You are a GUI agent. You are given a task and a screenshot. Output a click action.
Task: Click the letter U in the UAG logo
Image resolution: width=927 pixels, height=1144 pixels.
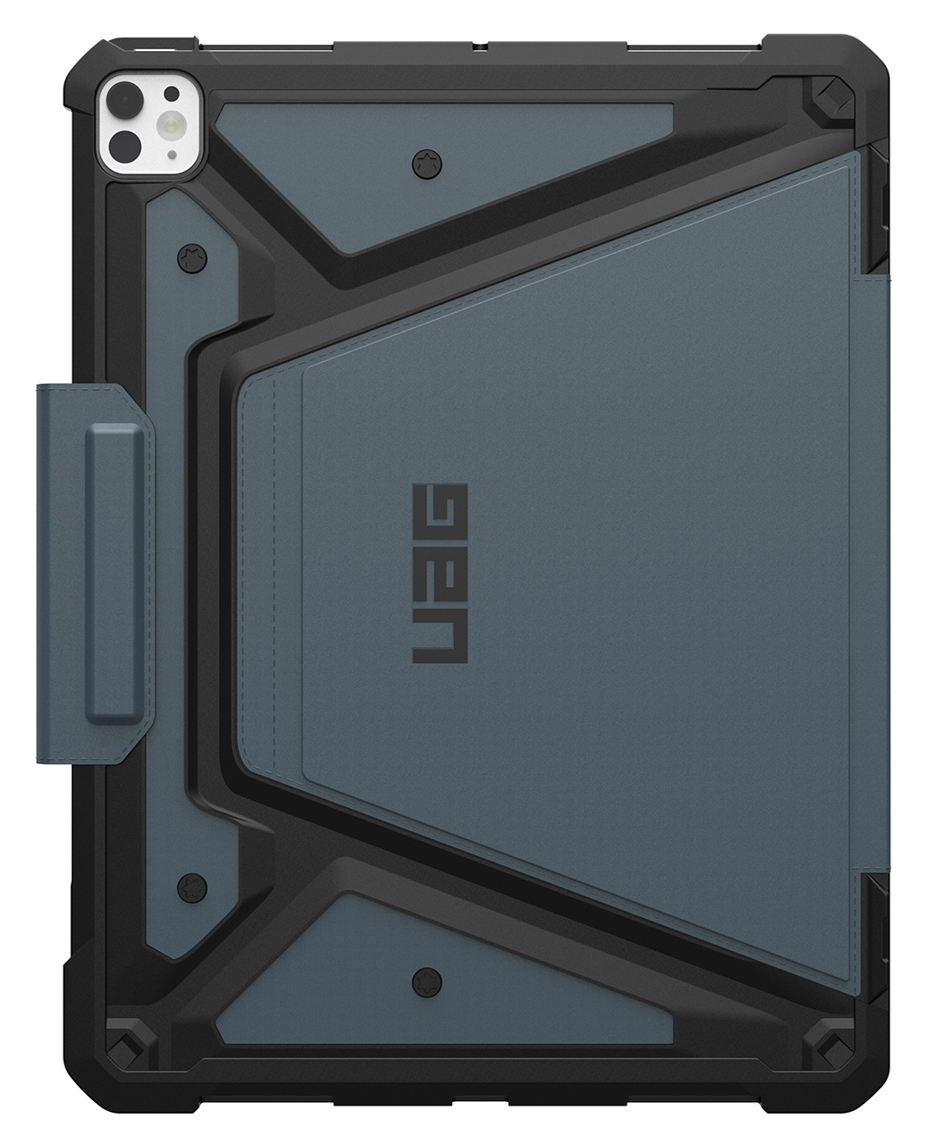pos(438,637)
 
